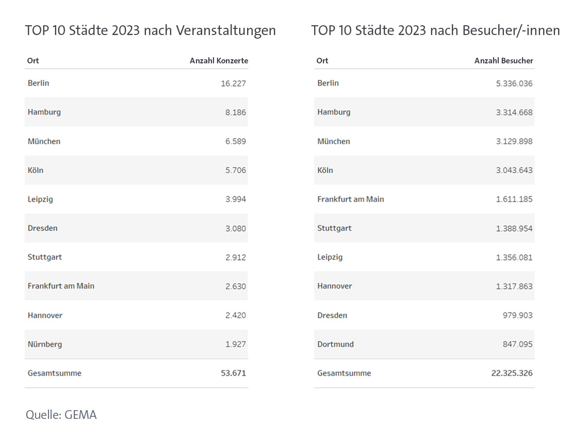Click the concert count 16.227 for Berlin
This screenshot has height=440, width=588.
pos(233,83)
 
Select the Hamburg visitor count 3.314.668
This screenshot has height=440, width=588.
pos(514,112)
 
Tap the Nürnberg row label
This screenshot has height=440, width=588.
pos(45,344)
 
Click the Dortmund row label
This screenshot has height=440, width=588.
pos(335,344)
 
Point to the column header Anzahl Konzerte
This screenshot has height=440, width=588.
pos(219,61)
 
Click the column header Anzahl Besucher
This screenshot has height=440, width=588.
pos(503,61)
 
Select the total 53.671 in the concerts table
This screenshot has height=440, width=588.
pos(233,373)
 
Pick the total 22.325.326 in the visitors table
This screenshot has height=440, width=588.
pos(512,373)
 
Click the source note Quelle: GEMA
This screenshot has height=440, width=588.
pos(61,414)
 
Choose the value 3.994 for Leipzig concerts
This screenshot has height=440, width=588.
pos(235,199)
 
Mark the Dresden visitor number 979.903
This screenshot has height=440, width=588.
pos(517,315)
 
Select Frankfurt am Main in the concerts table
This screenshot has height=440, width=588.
pos(61,286)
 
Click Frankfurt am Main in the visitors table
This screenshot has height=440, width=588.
pos(351,199)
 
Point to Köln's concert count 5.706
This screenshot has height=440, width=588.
pos(235,171)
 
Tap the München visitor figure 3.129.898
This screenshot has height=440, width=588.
pos(514,142)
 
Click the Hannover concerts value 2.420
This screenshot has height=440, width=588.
pos(235,315)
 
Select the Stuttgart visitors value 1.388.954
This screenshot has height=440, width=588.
pos(514,228)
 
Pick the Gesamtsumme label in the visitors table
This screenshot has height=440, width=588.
pos(344,373)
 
